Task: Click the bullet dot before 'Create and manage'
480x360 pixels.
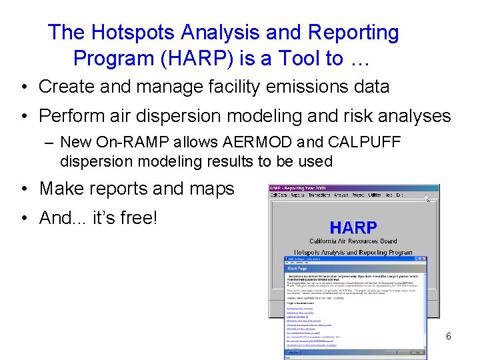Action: pos(23,87)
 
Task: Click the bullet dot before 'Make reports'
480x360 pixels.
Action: pos(23,189)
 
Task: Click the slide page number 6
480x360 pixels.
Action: pos(448,337)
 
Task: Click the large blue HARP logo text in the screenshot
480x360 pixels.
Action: pos(353,227)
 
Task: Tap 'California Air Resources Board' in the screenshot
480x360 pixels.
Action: pos(353,241)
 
